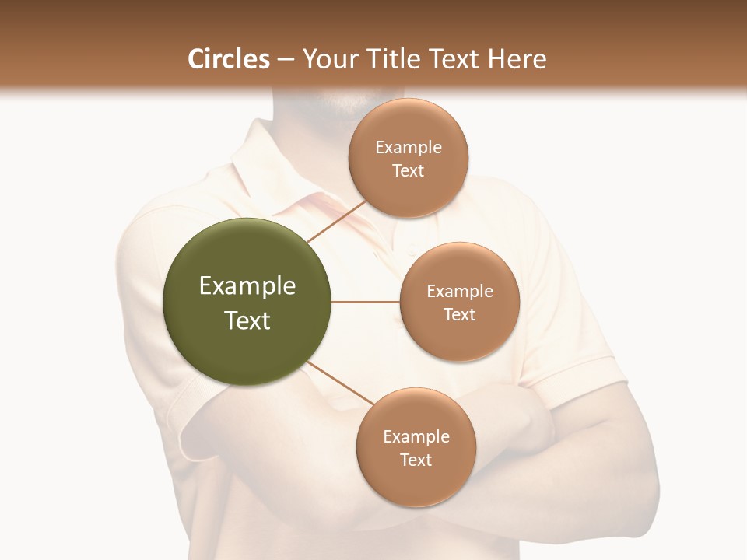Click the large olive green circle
coord(247,302)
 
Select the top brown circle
coord(408,158)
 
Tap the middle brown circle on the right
coord(459,302)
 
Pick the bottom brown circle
coord(416,447)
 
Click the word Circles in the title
coord(229,59)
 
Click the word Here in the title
coord(518,59)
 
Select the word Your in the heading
coord(328,59)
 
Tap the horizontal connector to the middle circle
coord(366,302)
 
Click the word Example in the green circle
coord(247,286)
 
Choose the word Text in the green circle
coord(247,320)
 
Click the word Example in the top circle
coord(409,147)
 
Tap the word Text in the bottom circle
coord(416,460)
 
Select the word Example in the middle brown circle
coord(460,291)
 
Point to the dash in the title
coord(286,60)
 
